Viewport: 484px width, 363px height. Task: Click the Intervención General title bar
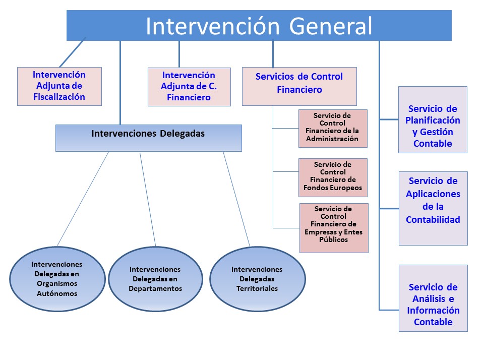click(259, 26)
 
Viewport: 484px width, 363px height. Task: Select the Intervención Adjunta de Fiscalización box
click(59, 86)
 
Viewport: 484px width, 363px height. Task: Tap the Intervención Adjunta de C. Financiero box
click(189, 87)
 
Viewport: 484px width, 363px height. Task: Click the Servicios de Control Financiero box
click(299, 86)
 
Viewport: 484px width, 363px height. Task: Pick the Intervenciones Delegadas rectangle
click(148, 138)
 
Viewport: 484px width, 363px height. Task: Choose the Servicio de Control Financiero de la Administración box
click(333, 128)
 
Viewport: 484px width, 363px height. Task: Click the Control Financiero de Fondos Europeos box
click(333, 177)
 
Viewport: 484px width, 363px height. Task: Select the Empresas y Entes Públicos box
click(334, 227)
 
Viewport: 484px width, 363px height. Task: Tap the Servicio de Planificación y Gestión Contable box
click(433, 119)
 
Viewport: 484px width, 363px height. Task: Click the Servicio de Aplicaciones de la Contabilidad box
click(433, 208)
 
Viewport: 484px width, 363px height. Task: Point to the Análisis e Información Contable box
click(433, 298)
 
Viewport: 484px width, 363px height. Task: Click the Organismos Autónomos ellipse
click(56, 279)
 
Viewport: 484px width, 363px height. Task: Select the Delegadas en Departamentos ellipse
click(155, 279)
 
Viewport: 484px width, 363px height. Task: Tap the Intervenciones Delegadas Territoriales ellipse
click(257, 279)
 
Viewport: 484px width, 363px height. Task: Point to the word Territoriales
click(257, 289)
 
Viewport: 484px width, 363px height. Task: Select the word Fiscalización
click(59, 97)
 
